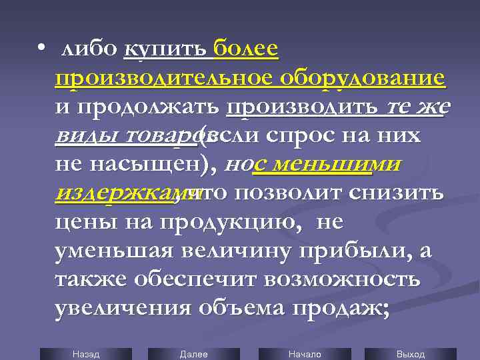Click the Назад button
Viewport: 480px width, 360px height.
(x=85, y=354)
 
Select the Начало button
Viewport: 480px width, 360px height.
(x=305, y=354)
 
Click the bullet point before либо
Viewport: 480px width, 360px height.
(x=41, y=49)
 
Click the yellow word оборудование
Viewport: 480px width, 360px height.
(x=362, y=78)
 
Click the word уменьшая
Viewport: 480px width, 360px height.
(x=114, y=251)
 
